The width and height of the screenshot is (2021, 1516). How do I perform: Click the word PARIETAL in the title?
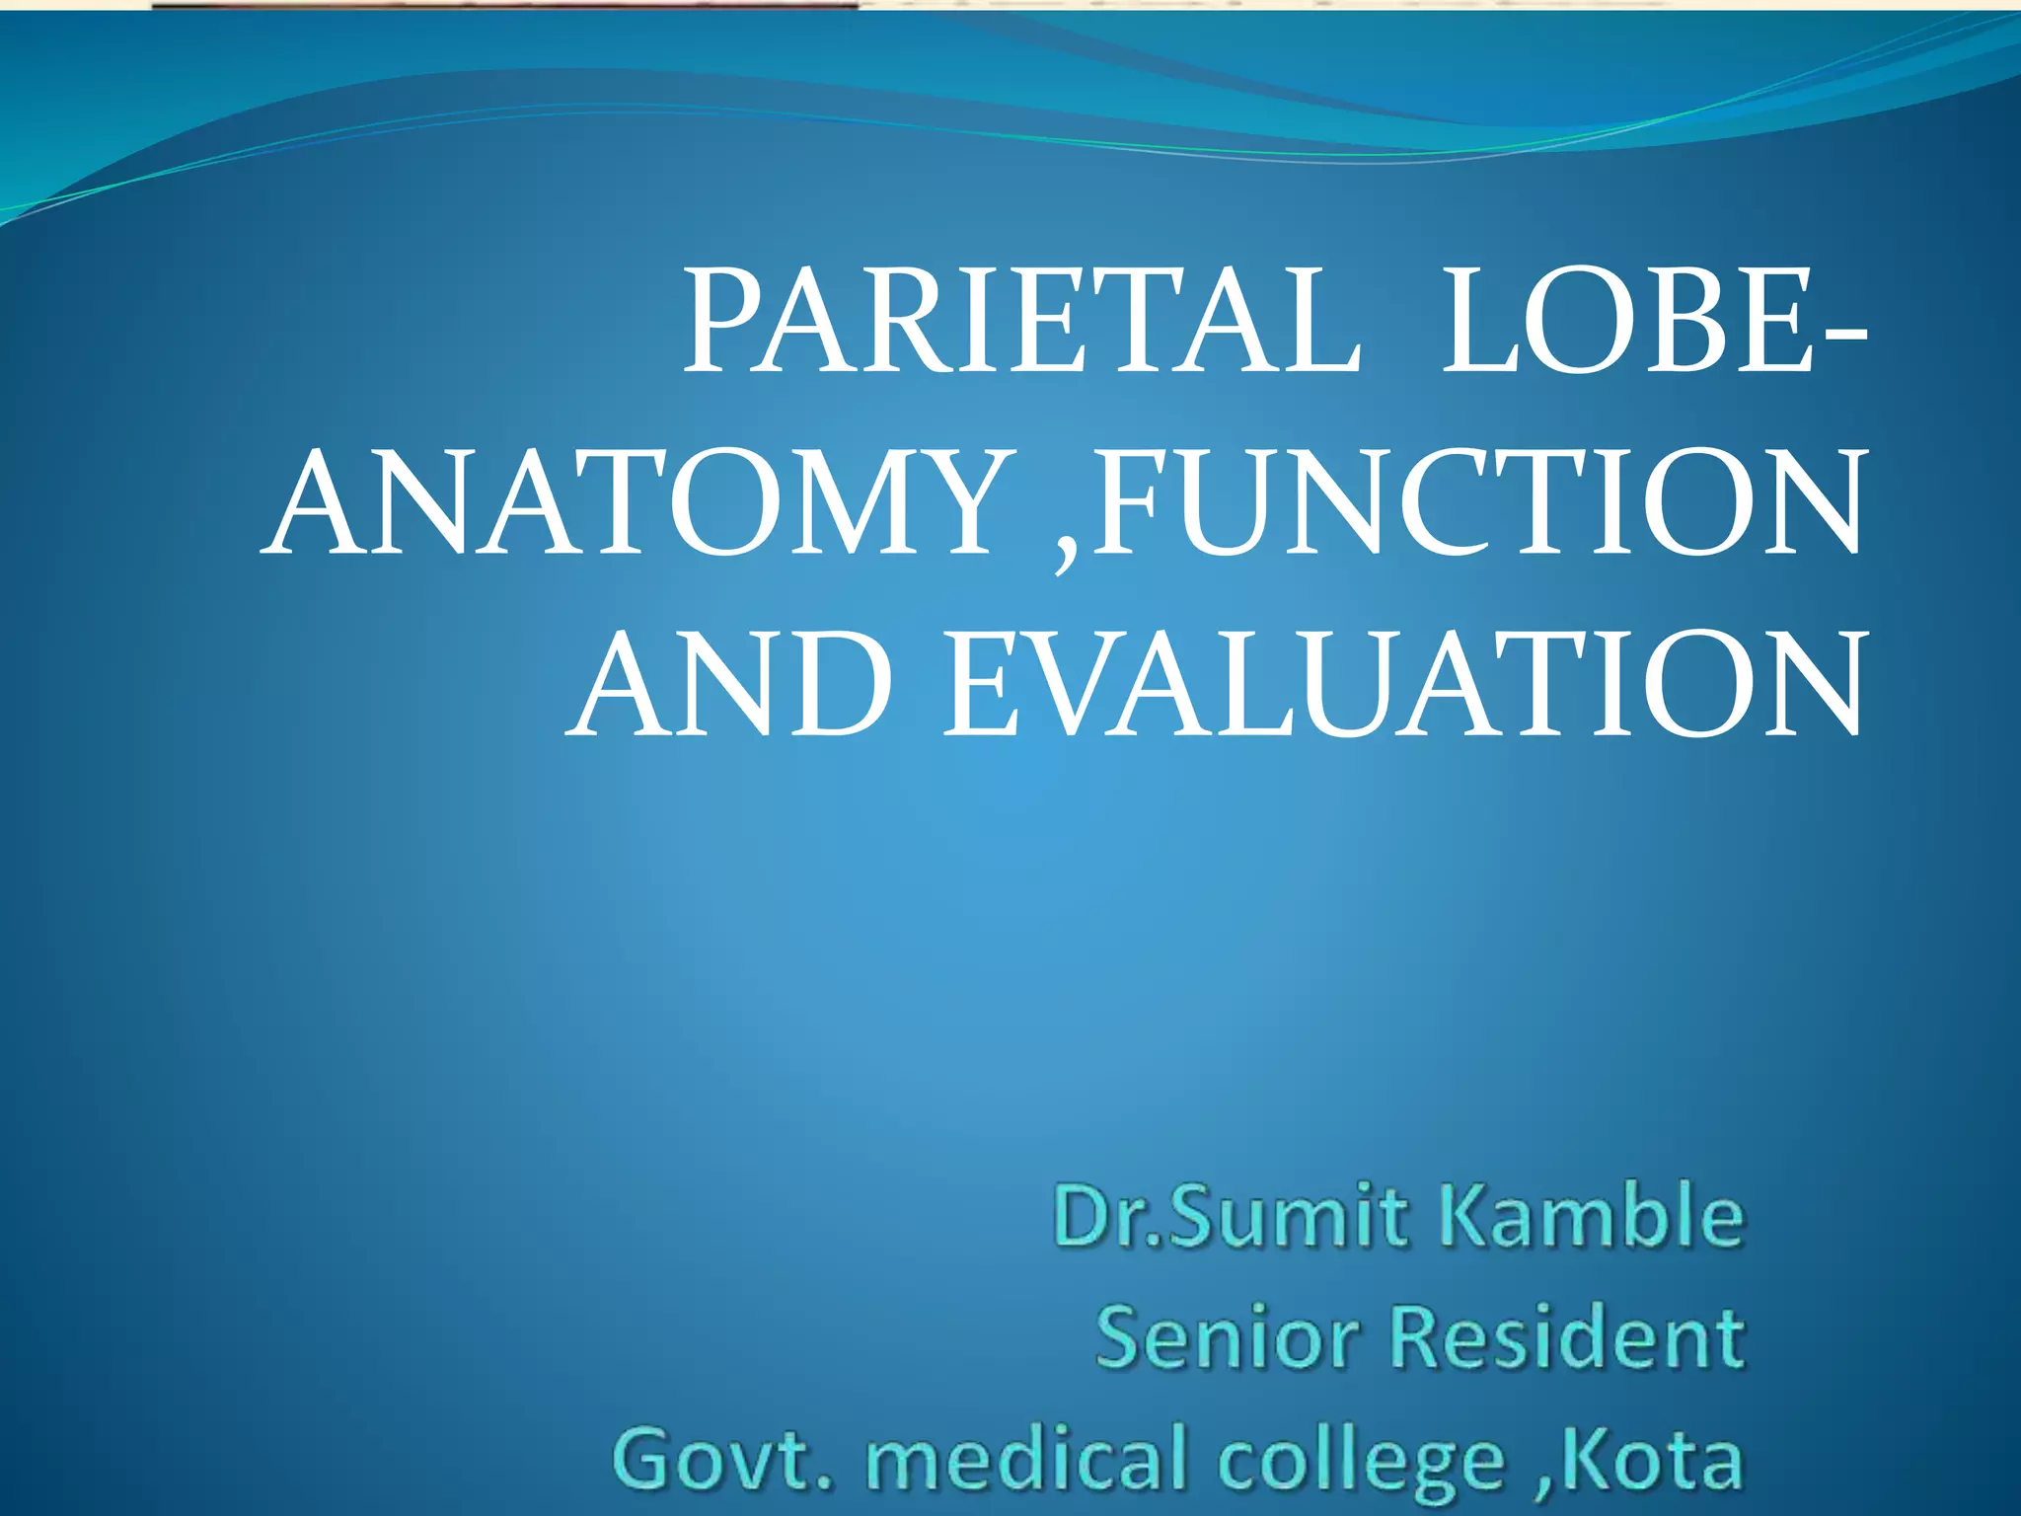coord(1022,323)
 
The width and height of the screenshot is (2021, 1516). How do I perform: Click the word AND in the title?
coord(730,686)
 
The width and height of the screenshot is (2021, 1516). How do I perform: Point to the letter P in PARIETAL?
coord(725,323)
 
